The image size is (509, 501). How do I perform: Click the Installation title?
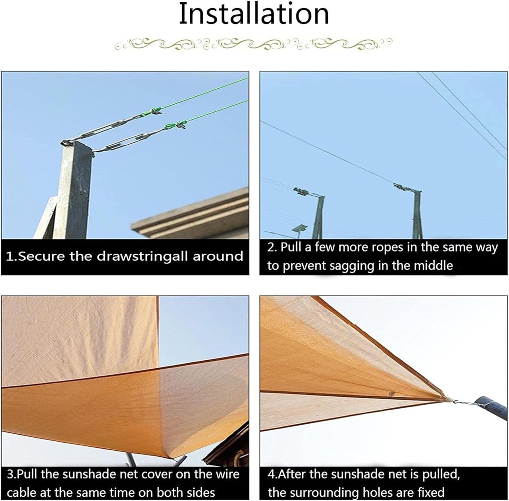(254, 14)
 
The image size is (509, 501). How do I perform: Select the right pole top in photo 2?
(406, 188)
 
